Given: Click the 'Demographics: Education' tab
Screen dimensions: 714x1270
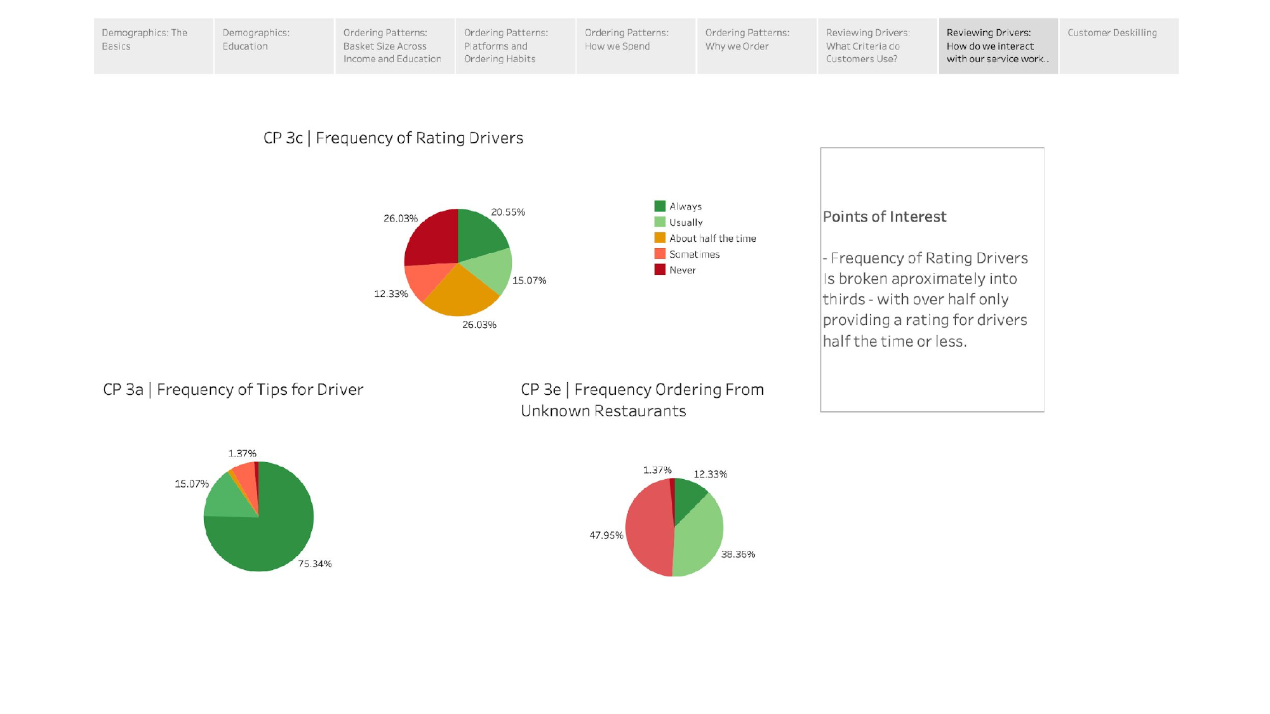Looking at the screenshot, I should pos(274,46).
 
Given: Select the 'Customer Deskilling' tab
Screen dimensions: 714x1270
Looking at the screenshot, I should pos(1118,46).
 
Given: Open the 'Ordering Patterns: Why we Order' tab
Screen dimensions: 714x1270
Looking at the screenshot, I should pos(756,46).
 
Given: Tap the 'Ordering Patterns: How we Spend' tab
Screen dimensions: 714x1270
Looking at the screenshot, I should pos(636,46).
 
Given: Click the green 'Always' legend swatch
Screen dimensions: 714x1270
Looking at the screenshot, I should pos(660,206).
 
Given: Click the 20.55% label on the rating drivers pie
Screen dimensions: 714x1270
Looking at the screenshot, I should pos(508,212).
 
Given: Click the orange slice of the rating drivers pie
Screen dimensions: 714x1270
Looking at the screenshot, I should pos(460,295).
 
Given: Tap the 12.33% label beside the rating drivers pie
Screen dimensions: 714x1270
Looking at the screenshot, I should pos(391,294).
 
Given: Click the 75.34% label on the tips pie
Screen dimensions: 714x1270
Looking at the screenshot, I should pos(315,564).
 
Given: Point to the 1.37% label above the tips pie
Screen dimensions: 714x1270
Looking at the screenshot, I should pos(243,453).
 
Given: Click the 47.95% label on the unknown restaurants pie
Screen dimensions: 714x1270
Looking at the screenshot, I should pos(606,535).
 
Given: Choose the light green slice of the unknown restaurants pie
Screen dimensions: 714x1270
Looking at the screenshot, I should pos(698,539).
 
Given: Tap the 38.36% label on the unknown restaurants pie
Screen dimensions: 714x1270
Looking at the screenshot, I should pos(738,554).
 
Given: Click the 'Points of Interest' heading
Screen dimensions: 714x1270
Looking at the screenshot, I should pos(884,217).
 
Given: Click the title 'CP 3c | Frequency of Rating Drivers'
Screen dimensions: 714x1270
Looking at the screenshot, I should pos(393,138).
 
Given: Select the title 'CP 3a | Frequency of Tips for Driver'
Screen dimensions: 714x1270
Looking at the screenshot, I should pos(233,390).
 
